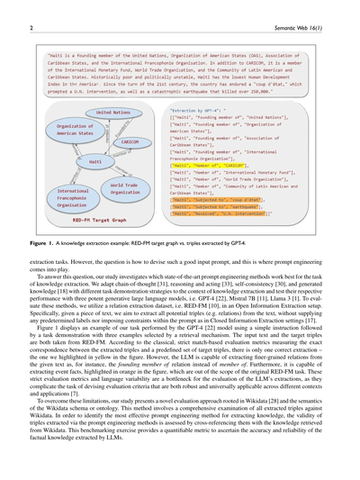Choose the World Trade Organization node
(x=125, y=187)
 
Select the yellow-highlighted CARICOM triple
(x=207, y=166)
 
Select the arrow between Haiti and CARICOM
(x=113, y=150)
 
